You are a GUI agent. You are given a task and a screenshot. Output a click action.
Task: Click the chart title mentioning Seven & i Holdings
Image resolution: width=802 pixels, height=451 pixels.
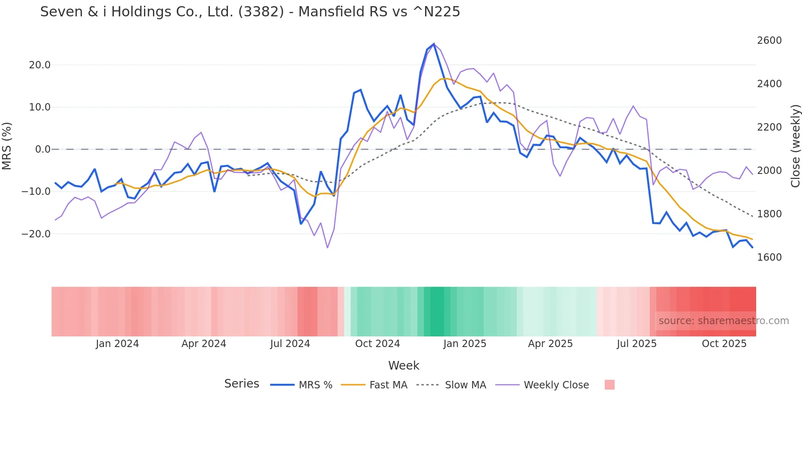point(250,12)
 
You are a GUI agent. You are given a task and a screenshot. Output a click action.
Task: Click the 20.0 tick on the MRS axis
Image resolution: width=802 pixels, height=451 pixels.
point(40,65)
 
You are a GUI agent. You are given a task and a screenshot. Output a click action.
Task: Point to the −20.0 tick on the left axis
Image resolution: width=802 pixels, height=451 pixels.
point(36,234)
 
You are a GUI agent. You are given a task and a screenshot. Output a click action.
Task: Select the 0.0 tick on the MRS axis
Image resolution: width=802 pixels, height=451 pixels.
point(43,149)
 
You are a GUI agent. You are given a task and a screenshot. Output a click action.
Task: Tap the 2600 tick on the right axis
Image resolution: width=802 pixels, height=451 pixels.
point(769,41)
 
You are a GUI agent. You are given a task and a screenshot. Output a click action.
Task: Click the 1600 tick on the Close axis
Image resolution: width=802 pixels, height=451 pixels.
point(769,257)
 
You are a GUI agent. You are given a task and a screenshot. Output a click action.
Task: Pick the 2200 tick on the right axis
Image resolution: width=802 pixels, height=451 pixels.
point(769,127)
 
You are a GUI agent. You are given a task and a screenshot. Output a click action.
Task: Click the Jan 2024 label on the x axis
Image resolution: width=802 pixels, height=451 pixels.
point(117,344)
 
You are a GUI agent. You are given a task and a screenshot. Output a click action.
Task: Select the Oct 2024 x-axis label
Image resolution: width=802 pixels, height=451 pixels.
point(377,344)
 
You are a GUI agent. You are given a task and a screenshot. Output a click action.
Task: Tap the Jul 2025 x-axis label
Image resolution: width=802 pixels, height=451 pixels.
point(637,344)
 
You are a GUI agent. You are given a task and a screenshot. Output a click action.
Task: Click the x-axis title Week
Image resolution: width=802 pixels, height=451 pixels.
point(403,365)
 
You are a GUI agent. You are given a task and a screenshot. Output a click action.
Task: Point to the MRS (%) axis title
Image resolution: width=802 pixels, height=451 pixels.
point(7,146)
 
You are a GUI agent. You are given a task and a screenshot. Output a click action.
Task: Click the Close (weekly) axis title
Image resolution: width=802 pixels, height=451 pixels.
point(795,146)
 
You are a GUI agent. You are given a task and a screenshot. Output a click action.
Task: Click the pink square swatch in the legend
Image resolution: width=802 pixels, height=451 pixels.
point(609,385)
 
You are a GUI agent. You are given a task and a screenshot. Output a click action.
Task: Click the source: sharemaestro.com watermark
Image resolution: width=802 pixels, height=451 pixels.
point(723,321)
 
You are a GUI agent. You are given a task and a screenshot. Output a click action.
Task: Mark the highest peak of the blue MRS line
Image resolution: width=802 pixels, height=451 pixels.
point(434,44)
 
